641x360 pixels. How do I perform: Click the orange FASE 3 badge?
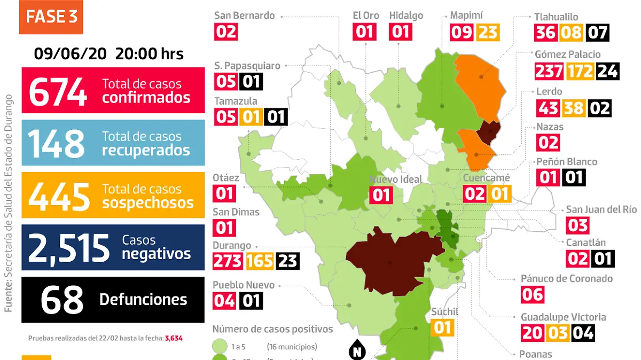(51, 17)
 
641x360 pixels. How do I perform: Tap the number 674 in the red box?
(58, 91)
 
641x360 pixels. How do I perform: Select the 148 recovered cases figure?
(56, 143)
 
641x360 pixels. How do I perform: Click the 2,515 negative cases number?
(68, 247)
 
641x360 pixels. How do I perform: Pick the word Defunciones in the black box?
(143, 300)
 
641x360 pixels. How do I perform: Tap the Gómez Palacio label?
(568, 54)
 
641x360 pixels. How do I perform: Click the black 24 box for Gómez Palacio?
(607, 71)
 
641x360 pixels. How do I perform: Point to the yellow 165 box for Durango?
(260, 262)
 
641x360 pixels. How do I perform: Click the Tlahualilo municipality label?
(556, 17)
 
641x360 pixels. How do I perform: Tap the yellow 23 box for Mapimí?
(488, 33)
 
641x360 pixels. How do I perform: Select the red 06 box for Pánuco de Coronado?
(533, 294)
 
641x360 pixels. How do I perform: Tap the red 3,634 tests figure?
(175, 338)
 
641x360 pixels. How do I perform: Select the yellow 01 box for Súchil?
(442, 327)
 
